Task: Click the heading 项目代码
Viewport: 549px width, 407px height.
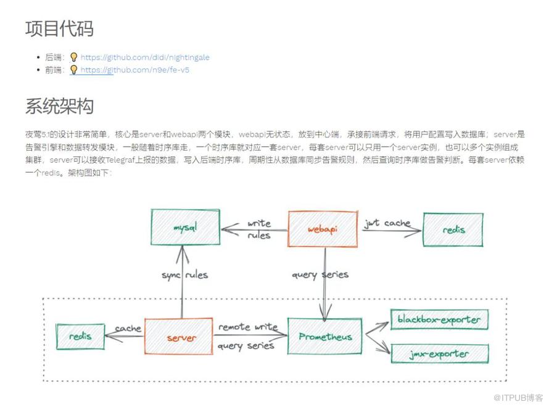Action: pos(59,28)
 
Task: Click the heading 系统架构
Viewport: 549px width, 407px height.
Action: pos(59,105)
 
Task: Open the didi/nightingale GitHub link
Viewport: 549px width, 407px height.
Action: pos(145,57)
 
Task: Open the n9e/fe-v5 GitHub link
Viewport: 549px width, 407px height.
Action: pos(134,70)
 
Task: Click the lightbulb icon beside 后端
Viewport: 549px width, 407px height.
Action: pos(74,57)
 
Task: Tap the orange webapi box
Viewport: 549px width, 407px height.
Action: pos(322,229)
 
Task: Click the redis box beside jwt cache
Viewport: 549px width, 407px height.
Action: pos(453,229)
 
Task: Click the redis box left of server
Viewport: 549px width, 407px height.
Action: pos(80,336)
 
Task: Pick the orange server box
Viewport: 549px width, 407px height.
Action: pos(181,337)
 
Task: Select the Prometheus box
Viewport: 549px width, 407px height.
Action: pos(325,337)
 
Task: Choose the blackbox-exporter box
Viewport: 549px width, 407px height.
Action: pos(439,320)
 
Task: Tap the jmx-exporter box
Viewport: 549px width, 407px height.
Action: pos(439,354)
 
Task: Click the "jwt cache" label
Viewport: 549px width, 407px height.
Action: pos(387,223)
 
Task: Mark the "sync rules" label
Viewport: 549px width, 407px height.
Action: pos(184,274)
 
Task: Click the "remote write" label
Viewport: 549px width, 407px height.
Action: pos(248,327)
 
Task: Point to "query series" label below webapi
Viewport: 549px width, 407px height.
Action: pos(320,274)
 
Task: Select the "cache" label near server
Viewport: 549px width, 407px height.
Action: pos(128,329)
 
